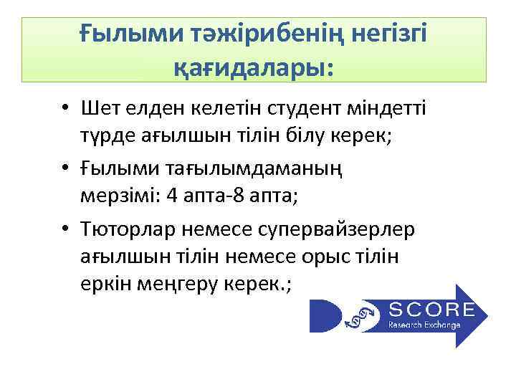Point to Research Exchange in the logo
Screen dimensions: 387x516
click(424, 324)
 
